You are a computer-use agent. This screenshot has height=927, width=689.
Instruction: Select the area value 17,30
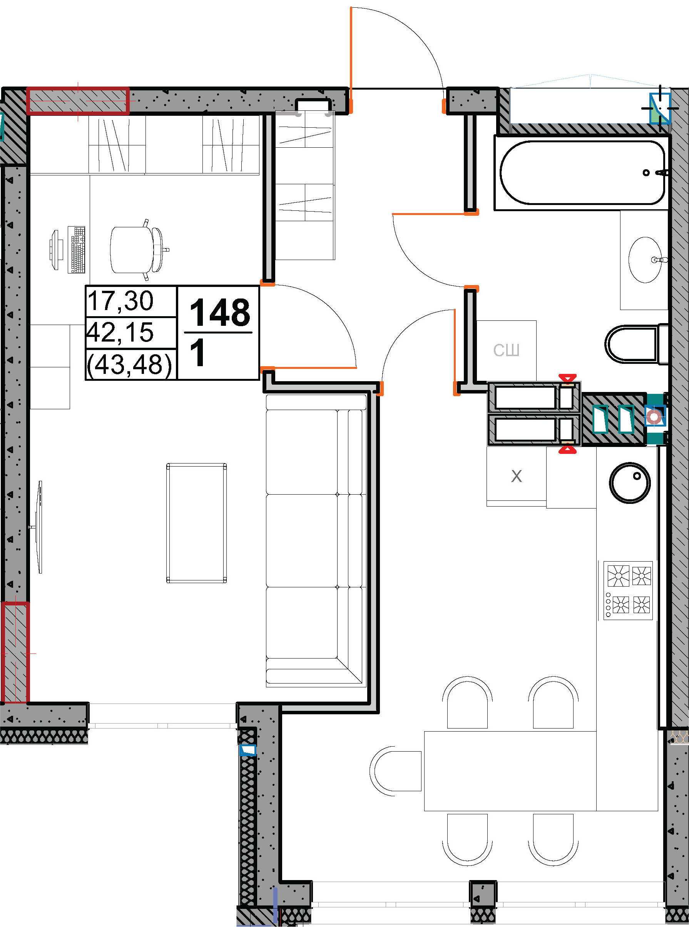120,300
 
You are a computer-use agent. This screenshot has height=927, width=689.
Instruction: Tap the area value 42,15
120,332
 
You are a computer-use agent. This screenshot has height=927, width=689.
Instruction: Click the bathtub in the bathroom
582,173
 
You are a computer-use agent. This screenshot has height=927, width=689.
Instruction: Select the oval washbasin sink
645,260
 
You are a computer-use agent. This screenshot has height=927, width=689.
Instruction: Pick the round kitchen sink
630,482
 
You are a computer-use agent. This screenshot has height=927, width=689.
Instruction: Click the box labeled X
516,476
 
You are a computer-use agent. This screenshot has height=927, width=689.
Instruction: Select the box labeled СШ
506,350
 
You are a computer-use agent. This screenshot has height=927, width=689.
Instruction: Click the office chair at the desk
139,250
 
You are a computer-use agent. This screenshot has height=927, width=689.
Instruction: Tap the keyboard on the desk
76,250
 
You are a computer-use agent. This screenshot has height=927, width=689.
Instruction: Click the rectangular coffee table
196,523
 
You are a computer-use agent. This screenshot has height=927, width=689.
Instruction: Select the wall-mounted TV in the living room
39,527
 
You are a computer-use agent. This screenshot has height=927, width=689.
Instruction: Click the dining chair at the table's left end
395,771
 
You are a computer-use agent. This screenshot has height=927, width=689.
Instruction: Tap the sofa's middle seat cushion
301,540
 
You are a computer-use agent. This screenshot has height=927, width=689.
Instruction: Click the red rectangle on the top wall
78,100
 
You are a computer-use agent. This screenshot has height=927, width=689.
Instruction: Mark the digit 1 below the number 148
198,353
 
